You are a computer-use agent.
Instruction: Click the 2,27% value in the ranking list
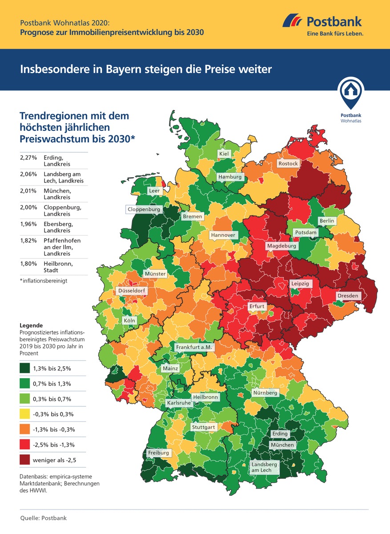pos(28,158)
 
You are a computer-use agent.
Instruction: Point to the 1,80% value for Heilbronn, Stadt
pos(28,263)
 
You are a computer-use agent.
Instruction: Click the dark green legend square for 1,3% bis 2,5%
pos(25,368)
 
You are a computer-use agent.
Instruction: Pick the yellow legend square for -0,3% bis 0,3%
pos(25,414)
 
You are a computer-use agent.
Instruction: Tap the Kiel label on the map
pos(225,154)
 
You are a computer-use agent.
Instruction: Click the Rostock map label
pos(288,163)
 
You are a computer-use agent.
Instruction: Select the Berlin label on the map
pos(326,221)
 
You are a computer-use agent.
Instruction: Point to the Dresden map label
pos(347,295)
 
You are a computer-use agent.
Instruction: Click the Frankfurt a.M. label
pos(195,347)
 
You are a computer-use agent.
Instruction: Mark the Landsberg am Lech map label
pos(264,467)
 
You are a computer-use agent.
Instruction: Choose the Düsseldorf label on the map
pos(130,291)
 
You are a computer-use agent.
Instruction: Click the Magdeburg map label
pos(281,246)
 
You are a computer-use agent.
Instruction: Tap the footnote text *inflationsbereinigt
pos(44,281)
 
